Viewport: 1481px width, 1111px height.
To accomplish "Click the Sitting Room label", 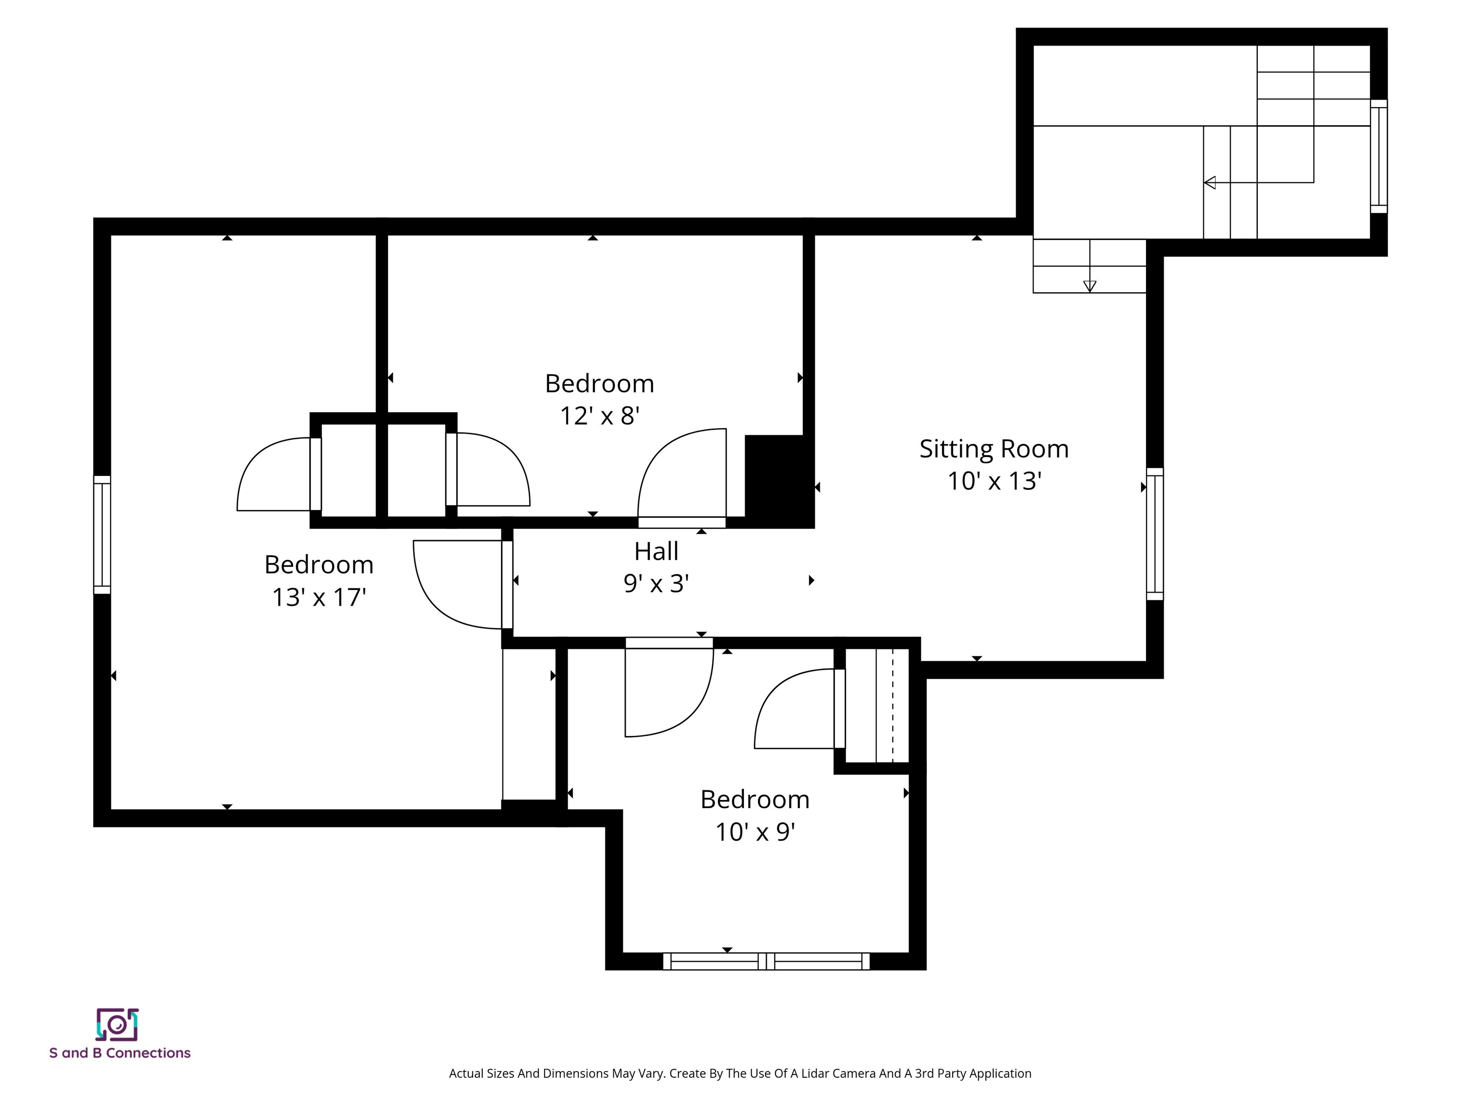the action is pyautogui.click(x=994, y=448).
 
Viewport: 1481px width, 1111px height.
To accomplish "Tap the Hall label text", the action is pyautogui.click(x=656, y=551).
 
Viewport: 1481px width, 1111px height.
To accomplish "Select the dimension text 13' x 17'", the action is pyautogui.click(x=319, y=596).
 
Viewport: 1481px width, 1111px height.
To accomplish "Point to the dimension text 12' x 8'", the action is pyautogui.click(x=599, y=416).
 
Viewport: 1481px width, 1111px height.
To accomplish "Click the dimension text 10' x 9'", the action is pyautogui.click(x=755, y=832).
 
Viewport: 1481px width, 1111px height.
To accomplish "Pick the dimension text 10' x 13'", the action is pyautogui.click(x=994, y=481).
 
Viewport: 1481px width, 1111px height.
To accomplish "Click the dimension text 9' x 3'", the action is pyautogui.click(x=656, y=583).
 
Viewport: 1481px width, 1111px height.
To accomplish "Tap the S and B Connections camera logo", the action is pyautogui.click(x=117, y=1025).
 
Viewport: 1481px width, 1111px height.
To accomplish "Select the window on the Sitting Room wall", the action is pyautogui.click(x=1155, y=534).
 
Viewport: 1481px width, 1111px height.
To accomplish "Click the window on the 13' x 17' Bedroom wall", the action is pyautogui.click(x=102, y=534).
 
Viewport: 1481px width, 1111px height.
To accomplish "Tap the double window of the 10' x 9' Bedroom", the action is pyautogui.click(x=767, y=961).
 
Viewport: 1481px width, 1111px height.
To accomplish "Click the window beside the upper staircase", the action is pyautogui.click(x=1379, y=156).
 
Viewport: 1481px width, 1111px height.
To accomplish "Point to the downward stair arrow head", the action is pyautogui.click(x=1090, y=286).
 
